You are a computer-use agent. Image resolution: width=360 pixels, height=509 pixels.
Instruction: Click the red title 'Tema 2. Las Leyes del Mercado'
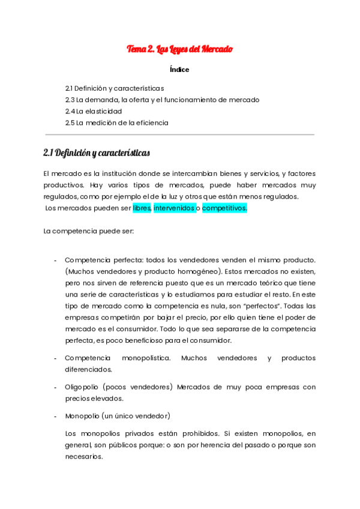click(179, 49)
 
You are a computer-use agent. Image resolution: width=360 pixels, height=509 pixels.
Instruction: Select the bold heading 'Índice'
click(179, 70)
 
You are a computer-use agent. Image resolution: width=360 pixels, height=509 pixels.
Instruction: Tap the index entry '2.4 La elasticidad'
click(94, 111)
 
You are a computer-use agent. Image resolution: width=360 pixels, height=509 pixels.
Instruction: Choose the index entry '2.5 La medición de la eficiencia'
click(117, 122)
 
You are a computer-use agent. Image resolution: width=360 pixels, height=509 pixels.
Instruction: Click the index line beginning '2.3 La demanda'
click(162, 100)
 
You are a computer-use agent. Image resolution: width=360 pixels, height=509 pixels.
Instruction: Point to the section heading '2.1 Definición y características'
click(97, 153)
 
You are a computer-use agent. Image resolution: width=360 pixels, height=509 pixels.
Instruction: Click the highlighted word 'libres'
click(142, 208)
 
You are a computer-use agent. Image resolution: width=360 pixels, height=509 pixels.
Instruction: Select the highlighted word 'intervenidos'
click(174, 208)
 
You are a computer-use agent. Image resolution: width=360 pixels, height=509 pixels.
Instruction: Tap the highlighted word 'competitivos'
click(224, 208)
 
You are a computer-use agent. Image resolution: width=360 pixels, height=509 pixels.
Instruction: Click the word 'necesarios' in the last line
click(83, 456)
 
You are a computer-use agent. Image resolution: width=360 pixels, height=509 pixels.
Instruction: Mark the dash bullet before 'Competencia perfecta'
click(55, 261)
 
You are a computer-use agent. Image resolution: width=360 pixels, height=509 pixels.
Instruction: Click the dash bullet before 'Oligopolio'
click(55, 387)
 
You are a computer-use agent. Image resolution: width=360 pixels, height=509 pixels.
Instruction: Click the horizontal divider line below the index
click(179, 135)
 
